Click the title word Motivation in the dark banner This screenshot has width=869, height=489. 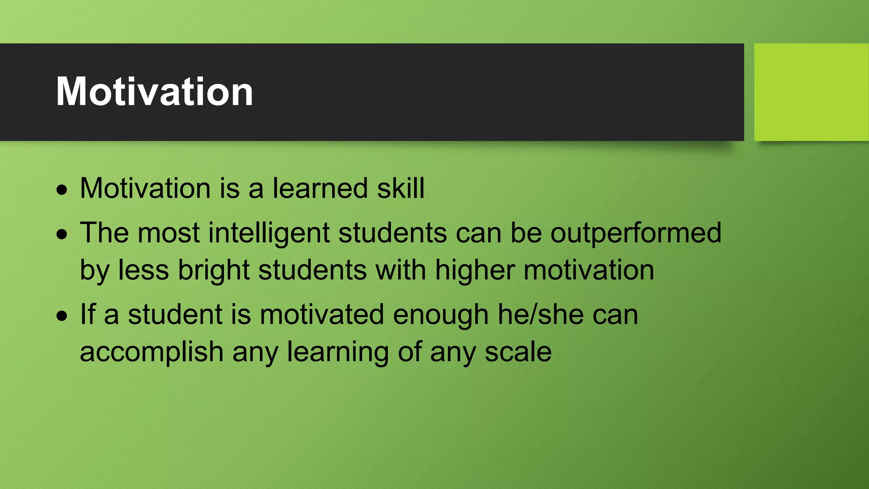pyautogui.click(x=154, y=92)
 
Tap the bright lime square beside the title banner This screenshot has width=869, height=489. pyautogui.click(x=811, y=92)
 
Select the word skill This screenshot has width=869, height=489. pyautogui.click(x=401, y=188)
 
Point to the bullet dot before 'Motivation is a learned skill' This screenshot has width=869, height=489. pyautogui.click(x=62, y=190)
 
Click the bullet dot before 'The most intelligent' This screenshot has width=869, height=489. pyautogui.click(x=62, y=234)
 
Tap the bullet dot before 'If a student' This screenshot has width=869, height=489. pyautogui.click(x=62, y=316)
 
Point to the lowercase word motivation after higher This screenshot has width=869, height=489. pyautogui.click(x=589, y=270)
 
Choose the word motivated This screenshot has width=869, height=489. pyautogui.click(x=322, y=315)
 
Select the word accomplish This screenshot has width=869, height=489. pyautogui.click(x=151, y=352)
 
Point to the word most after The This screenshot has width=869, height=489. pyautogui.click(x=168, y=233)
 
